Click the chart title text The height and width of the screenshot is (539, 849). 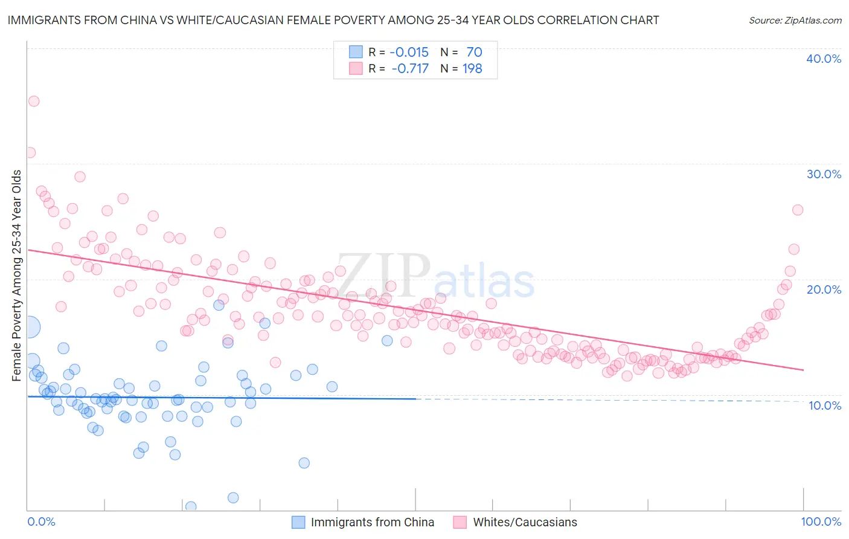[x=333, y=20]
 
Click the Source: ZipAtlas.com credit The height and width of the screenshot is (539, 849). [x=795, y=20]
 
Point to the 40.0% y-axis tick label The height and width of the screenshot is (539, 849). [x=824, y=59]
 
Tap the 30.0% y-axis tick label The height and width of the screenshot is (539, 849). [x=824, y=174]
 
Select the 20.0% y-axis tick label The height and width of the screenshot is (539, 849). [x=824, y=289]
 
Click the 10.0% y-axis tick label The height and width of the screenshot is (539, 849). [x=824, y=405]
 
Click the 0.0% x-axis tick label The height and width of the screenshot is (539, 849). [x=41, y=521]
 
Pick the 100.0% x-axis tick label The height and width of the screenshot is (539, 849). [x=821, y=521]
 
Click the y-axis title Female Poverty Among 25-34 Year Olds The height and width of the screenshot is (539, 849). [x=17, y=276]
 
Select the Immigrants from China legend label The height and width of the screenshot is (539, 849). [x=372, y=522]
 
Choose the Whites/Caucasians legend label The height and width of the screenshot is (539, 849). [x=525, y=522]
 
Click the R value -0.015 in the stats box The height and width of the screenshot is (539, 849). [x=409, y=53]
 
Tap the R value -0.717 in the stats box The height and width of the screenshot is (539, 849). [x=409, y=69]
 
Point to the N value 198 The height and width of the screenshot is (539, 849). [x=472, y=69]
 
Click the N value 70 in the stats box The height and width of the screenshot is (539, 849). [x=474, y=53]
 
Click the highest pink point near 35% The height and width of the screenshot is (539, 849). [x=34, y=101]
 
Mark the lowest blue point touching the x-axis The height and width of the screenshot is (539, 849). [x=191, y=506]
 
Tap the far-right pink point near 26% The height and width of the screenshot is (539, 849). [x=797, y=210]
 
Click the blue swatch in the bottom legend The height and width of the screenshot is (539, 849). [x=298, y=522]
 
